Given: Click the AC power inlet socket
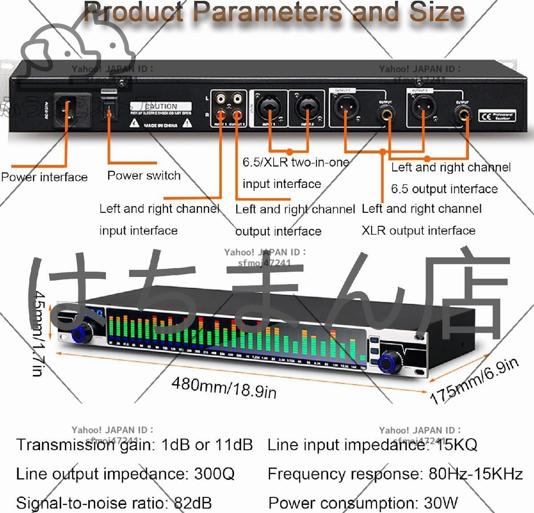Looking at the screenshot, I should pyautogui.click(x=68, y=110).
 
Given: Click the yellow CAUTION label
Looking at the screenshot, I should pyautogui.click(x=161, y=107).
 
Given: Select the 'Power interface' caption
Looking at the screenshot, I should pyautogui.click(x=44, y=177).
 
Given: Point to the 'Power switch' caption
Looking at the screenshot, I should pyautogui.click(x=144, y=175).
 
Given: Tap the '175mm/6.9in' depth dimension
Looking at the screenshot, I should pyautogui.click(x=474, y=381).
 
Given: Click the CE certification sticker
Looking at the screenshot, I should pyautogui.click(x=497, y=116).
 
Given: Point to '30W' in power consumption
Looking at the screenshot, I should pyautogui.click(x=440, y=503).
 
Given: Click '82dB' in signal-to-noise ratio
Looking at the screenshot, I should pyautogui.click(x=192, y=503).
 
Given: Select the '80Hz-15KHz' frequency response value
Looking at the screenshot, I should pyautogui.click(x=475, y=474).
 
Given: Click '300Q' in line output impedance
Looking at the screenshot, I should pyautogui.click(x=214, y=474).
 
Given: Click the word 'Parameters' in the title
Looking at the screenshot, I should pyautogui.click(x=267, y=12).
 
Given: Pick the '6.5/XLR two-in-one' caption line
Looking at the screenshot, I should pyautogui.click(x=295, y=162).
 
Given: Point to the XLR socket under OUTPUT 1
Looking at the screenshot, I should pyautogui.click(x=344, y=107).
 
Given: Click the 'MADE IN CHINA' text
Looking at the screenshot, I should pyautogui.click(x=161, y=126).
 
